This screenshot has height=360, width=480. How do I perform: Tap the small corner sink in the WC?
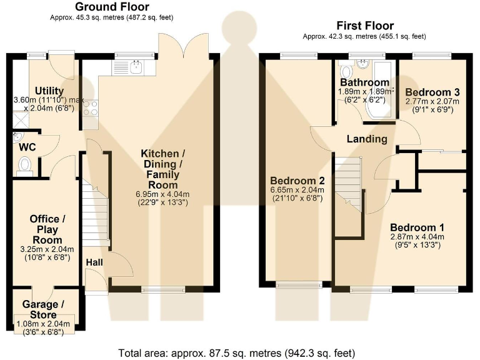(x=17, y=137)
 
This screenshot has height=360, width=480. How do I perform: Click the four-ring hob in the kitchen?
(x=90, y=109)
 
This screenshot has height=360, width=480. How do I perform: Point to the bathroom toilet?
(x=346, y=71)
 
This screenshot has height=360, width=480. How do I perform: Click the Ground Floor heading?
(x=112, y=6)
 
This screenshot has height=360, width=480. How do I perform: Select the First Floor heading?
(x=365, y=26)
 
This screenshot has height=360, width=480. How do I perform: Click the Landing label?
(x=367, y=139)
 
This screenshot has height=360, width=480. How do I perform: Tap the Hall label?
(x=94, y=262)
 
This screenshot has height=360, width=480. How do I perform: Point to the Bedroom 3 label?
(x=432, y=92)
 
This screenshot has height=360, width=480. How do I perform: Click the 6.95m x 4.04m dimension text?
(x=162, y=194)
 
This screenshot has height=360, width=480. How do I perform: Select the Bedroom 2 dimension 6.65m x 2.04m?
(x=297, y=190)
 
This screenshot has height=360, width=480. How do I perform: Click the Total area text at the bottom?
(x=237, y=353)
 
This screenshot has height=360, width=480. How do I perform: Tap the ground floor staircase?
(x=95, y=211)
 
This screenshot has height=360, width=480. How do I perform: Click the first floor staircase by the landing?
(x=349, y=184)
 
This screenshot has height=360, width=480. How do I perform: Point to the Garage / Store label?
(x=43, y=309)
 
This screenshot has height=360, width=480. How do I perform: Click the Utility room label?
(x=49, y=91)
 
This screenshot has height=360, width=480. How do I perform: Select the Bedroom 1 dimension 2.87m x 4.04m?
(x=417, y=237)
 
